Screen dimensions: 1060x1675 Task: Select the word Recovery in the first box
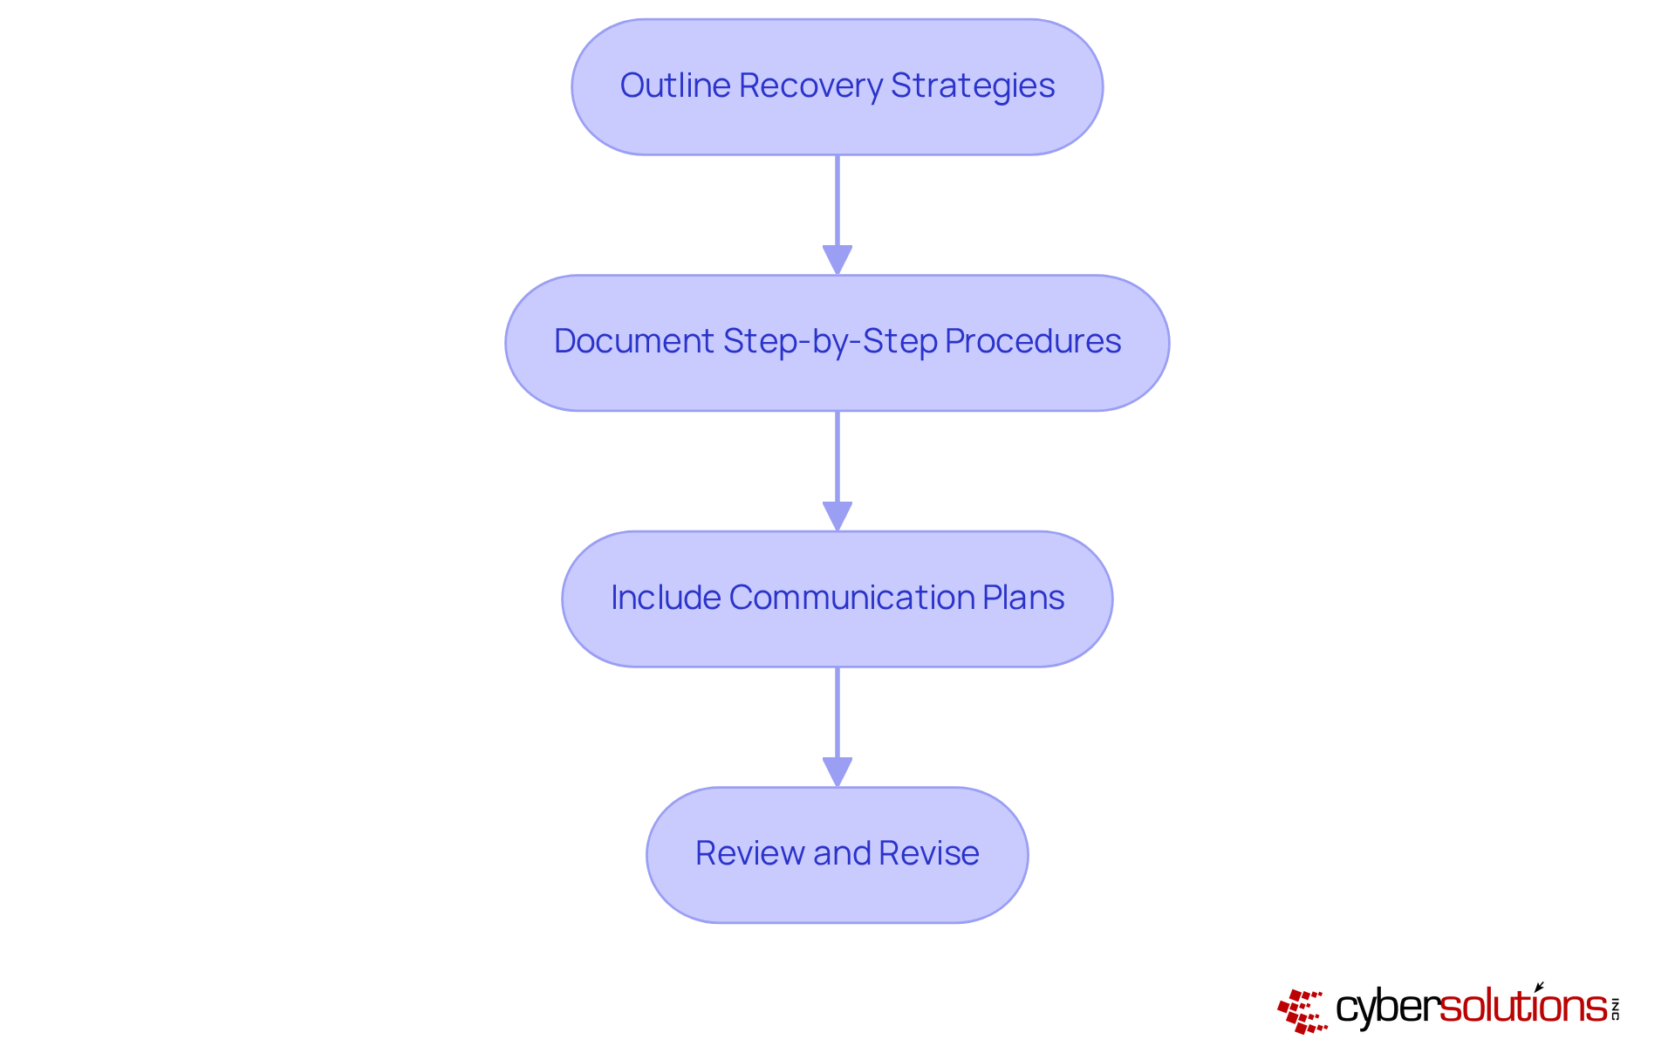810,85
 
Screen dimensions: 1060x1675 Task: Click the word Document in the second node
633,341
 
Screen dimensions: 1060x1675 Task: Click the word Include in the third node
666,598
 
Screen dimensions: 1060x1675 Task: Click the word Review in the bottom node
749,853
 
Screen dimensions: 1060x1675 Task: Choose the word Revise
929,853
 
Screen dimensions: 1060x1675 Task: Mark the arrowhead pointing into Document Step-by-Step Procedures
837,260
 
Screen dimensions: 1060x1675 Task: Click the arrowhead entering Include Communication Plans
837,516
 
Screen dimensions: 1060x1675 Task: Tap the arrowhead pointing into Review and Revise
837,771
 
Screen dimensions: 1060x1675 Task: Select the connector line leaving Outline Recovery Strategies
837,201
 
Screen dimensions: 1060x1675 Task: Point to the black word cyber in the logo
1387,1008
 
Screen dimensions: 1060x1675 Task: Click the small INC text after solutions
1615,1009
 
